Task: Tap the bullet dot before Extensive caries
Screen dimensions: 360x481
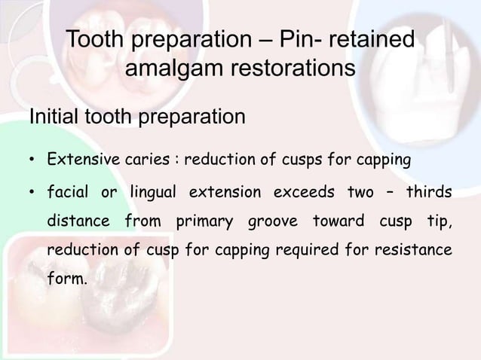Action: (x=32, y=161)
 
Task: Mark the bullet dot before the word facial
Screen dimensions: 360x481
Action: (x=32, y=193)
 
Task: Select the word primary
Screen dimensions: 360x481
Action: (x=203, y=222)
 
